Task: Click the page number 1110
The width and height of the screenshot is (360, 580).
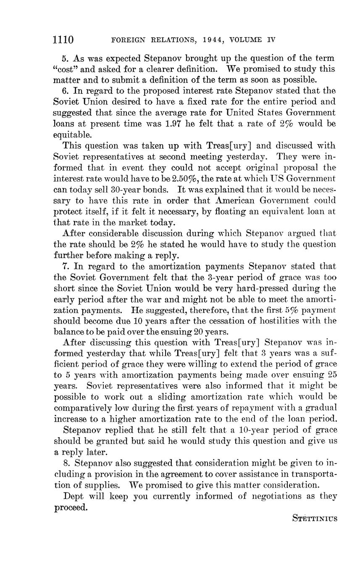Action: pyautogui.click(x=63, y=40)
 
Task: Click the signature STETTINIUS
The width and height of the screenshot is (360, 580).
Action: pyautogui.click(x=314, y=519)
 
